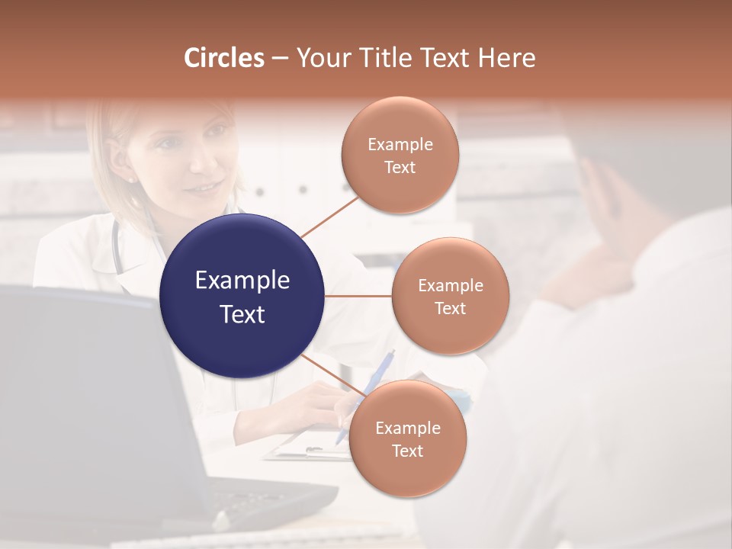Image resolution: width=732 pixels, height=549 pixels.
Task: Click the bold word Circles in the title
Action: tap(223, 58)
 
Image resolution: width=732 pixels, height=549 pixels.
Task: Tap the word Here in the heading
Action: tap(506, 58)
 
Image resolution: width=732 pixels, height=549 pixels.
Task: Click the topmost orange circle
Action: tap(400, 155)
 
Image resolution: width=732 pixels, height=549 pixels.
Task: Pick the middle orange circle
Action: tap(451, 296)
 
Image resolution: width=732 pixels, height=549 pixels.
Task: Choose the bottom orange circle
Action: tap(407, 438)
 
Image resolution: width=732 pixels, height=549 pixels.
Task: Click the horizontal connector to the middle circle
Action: tap(358, 296)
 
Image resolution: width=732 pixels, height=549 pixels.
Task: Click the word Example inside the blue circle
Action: tap(242, 281)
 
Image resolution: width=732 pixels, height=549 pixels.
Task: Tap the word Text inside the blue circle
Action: tap(242, 314)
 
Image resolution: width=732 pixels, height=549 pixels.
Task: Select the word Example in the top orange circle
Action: tap(400, 145)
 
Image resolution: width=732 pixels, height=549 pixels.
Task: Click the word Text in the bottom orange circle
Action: tap(407, 451)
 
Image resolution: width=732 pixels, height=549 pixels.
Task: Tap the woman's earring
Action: tap(130, 180)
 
